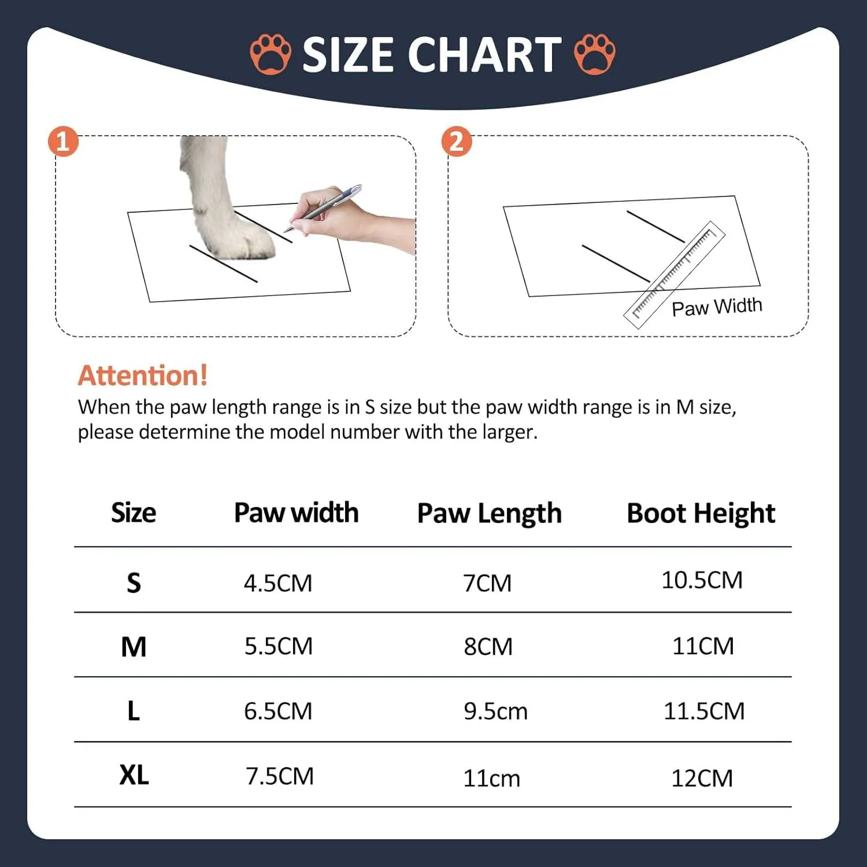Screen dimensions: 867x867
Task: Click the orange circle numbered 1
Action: pyautogui.click(x=63, y=142)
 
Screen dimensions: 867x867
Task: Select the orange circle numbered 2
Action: pyautogui.click(x=457, y=142)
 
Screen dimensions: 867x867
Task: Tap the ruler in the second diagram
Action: pyautogui.click(x=674, y=275)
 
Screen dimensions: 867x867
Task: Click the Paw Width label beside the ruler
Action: pyautogui.click(x=717, y=307)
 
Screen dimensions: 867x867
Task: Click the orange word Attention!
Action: pyautogui.click(x=143, y=376)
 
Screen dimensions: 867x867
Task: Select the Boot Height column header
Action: pyautogui.click(x=701, y=513)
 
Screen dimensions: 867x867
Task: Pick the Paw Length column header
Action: pyautogui.click(x=490, y=513)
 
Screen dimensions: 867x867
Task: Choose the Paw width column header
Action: pyautogui.click(x=297, y=513)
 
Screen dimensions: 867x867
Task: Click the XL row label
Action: pyautogui.click(x=134, y=775)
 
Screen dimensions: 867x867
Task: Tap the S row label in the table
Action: pyautogui.click(x=134, y=583)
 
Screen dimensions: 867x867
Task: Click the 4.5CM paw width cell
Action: pyautogui.click(x=278, y=583)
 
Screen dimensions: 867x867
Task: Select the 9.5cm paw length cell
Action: pyautogui.click(x=496, y=712)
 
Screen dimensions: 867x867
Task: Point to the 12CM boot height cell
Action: pyautogui.click(x=702, y=779)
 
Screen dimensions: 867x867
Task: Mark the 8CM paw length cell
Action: pyautogui.click(x=488, y=647)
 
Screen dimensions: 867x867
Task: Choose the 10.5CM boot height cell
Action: pyautogui.click(x=702, y=580)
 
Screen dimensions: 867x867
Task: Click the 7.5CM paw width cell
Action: pyautogui.click(x=280, y=776)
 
